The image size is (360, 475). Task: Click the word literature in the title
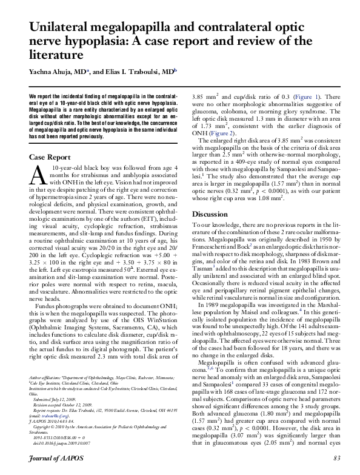(x=55, y=55)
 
